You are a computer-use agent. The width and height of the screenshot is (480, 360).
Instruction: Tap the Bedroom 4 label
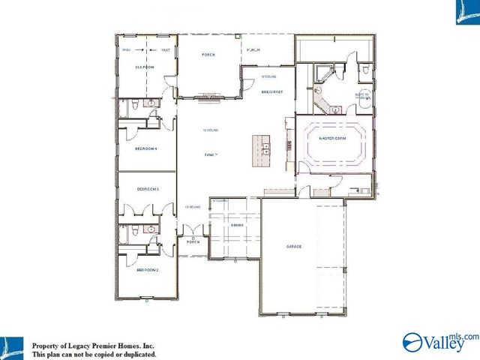(146, 148)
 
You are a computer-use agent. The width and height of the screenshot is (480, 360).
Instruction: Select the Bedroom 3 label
(148, 189)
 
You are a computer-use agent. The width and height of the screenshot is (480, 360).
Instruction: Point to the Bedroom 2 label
(146, 269)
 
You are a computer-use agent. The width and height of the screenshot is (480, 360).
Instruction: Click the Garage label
(293, 247)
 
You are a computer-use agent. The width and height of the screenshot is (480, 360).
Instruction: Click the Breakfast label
(271, 91)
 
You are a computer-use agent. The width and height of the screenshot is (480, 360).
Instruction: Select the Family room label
(211, 154)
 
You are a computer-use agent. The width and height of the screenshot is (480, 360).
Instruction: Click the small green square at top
(238, 34)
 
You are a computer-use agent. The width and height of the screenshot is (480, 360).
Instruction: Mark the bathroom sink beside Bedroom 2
(151, 229)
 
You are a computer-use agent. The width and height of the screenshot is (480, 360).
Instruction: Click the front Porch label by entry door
(193, 242)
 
